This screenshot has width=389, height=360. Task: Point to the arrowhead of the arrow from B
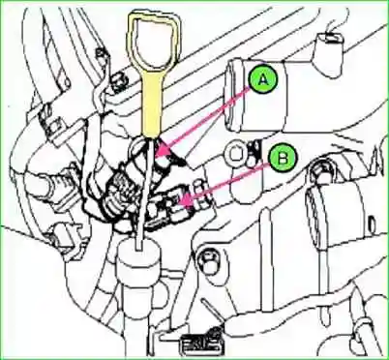pyautogui.click(x=181, y=205)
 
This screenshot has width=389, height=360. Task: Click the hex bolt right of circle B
pyautogui.click(x=320, y=175)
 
